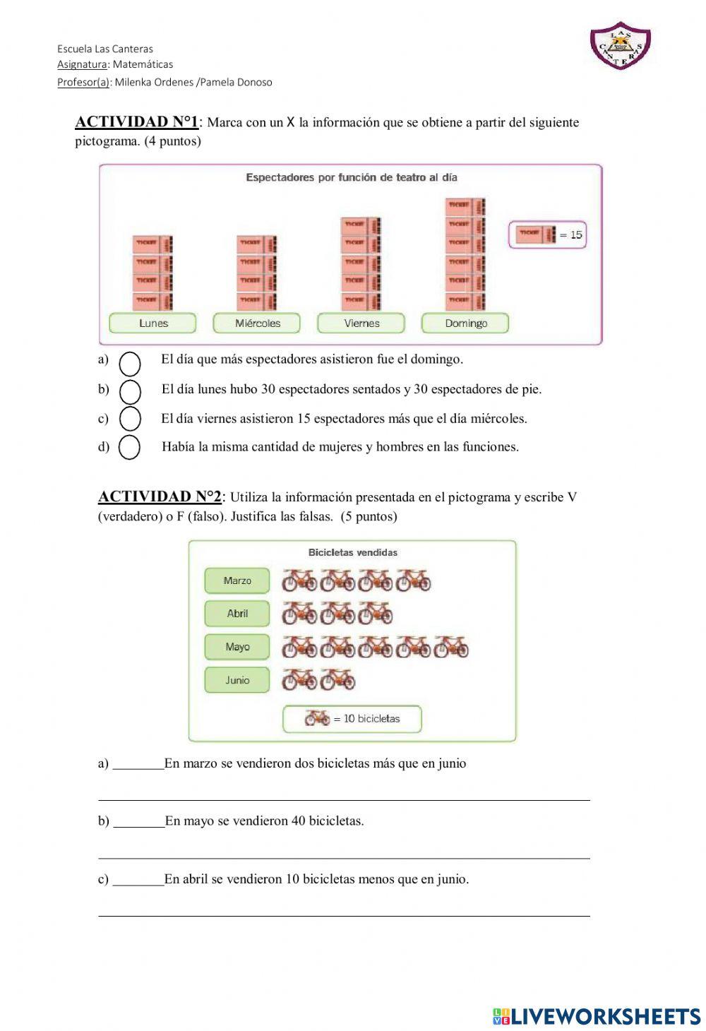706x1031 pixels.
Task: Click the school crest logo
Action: (x=620, y=46)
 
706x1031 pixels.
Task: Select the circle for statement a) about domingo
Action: (x=130, y=363)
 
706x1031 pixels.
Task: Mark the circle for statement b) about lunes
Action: (x=130, y=391)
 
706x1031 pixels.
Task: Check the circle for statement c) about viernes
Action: (x=130, y=418)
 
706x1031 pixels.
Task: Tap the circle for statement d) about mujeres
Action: (x=129, y=447)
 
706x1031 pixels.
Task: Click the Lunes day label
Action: (x=153, y=323)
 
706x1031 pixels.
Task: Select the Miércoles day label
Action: (x=257, y=323)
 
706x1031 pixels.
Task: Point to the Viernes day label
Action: (x=361, y=323)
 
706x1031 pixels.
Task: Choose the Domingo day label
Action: (x=465, y=323)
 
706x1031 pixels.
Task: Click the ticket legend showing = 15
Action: (x=548, y=234)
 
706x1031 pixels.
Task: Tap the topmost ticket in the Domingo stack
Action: (x=465, y=205)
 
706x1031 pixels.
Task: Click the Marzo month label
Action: (x=237, y=580)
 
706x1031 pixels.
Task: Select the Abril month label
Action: (x=237, y=614)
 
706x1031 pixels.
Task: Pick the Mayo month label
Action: (x=237, y=647)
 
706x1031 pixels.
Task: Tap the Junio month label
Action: (x=237, y=680)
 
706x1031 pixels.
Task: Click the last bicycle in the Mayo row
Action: (x=451, y=647)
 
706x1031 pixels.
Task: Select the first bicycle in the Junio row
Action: (x=299, y=680)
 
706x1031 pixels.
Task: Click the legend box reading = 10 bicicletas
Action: (x=352, y=719)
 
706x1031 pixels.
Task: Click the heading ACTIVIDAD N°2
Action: (x=160, y=497)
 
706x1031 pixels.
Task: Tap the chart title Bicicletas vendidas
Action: (x=352, y=552)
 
